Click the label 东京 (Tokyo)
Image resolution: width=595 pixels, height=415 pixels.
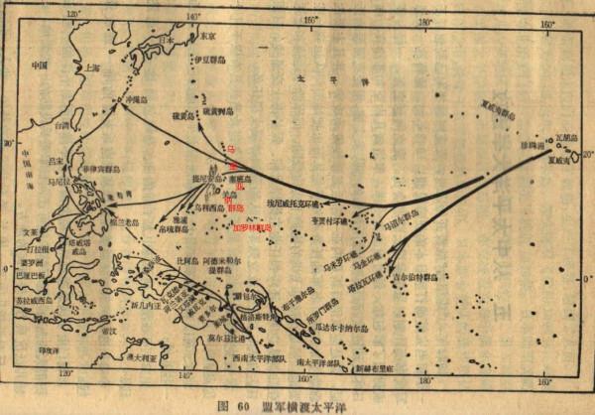(x=207, y=35)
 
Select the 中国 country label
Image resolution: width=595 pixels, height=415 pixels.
(x=40, y=66)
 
